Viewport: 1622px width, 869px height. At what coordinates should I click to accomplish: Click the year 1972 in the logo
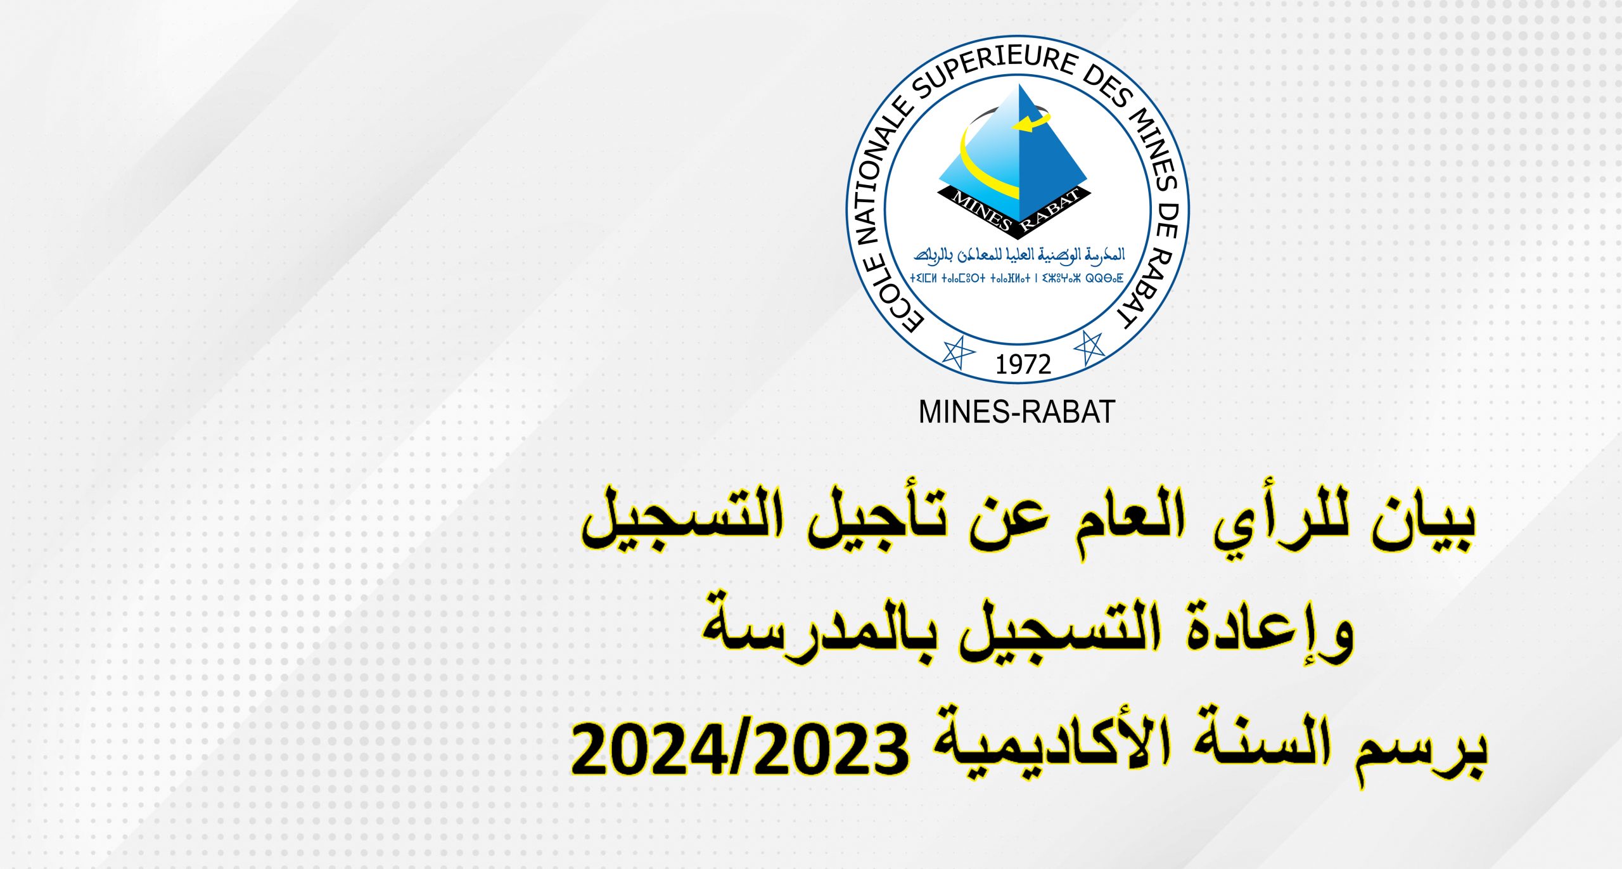point(1023,364)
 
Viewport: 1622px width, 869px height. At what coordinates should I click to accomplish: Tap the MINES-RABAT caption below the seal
point(1017,412)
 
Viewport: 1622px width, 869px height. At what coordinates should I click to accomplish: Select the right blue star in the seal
point(1089,348)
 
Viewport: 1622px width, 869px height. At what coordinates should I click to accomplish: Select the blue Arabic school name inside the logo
point(1019,255)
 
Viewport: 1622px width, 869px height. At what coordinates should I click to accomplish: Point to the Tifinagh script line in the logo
point(1017,278)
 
